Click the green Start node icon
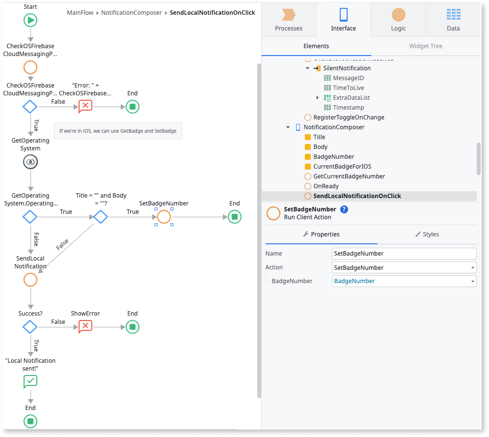tap(30, 20)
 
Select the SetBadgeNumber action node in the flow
tap(164, 216)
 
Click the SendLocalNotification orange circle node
tap(30, 280)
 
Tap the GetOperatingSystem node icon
tap(30, 162)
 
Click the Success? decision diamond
tap(30, 326)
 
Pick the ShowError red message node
tap(85, 326)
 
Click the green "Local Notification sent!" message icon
tap(30, 381)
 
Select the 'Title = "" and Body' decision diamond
tap(101, 216)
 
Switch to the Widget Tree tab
tap(426, 46)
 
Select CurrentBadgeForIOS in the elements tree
tap(342, 167)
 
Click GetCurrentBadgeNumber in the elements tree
tap(349, 176)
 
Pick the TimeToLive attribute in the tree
tap(348, 88)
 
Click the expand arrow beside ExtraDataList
tap(318, 98)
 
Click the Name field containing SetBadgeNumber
tap(404, 254)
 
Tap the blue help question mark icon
tap(344, 209)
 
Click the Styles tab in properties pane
tap(427, 234)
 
